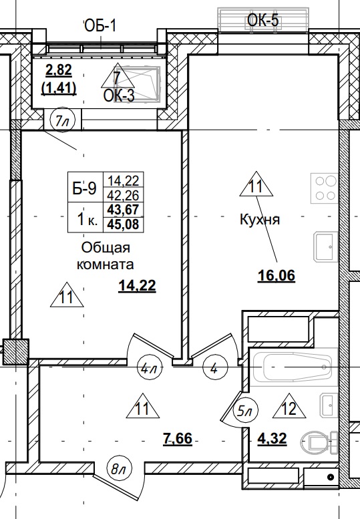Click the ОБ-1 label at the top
coord(101,26)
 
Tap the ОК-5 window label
coord(262,21)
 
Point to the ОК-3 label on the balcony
coord(119,96)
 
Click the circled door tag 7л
coord(62,121)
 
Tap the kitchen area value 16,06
coord(277,275)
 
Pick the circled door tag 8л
coord(120,470)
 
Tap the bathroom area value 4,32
coord(273,440)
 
